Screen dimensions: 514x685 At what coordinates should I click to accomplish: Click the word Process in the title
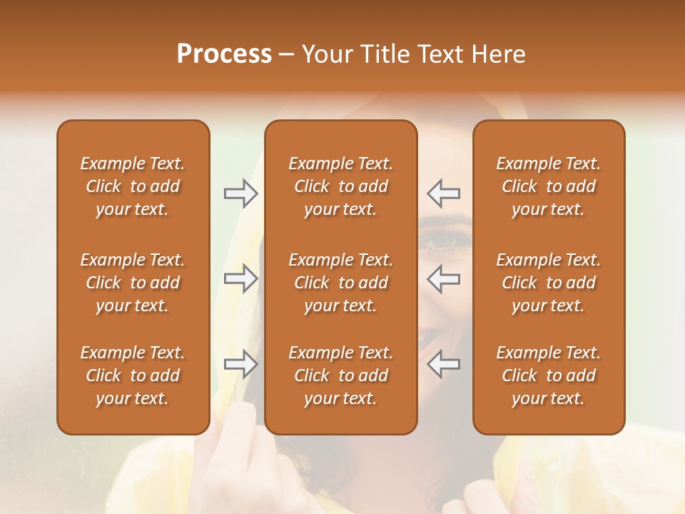(x=224, y=54)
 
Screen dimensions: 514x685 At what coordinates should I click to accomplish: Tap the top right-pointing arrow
(x=240, y=193)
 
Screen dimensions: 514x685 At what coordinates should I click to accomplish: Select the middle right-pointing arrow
(x=240, y=278)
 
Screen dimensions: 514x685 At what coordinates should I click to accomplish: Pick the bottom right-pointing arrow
(x=240, y=364)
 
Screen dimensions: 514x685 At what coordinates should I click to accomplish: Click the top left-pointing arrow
(x=443, y=193)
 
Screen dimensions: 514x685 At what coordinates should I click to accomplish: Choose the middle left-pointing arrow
(x=443, y=278)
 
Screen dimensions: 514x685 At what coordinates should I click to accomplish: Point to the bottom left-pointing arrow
(x=443, y=364)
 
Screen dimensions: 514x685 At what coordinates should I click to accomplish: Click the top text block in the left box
(x=133, y=186)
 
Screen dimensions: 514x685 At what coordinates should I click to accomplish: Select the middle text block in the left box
(x=133, y=283)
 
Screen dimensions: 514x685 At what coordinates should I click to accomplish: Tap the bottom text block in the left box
(x=133, y=376)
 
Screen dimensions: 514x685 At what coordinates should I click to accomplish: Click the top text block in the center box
(x=340, y=186)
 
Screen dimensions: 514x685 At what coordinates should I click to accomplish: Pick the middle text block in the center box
(x=340, y=283)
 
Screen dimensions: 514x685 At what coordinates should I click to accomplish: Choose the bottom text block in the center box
(x=340, y=376)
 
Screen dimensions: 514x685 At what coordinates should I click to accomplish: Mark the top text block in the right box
(x=548, y=186)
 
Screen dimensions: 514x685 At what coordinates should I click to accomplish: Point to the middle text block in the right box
(x=548, y=283)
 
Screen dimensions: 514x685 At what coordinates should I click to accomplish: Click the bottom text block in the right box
(x=548, y=376)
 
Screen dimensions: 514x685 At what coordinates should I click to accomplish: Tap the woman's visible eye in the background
(x=444, y=242)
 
